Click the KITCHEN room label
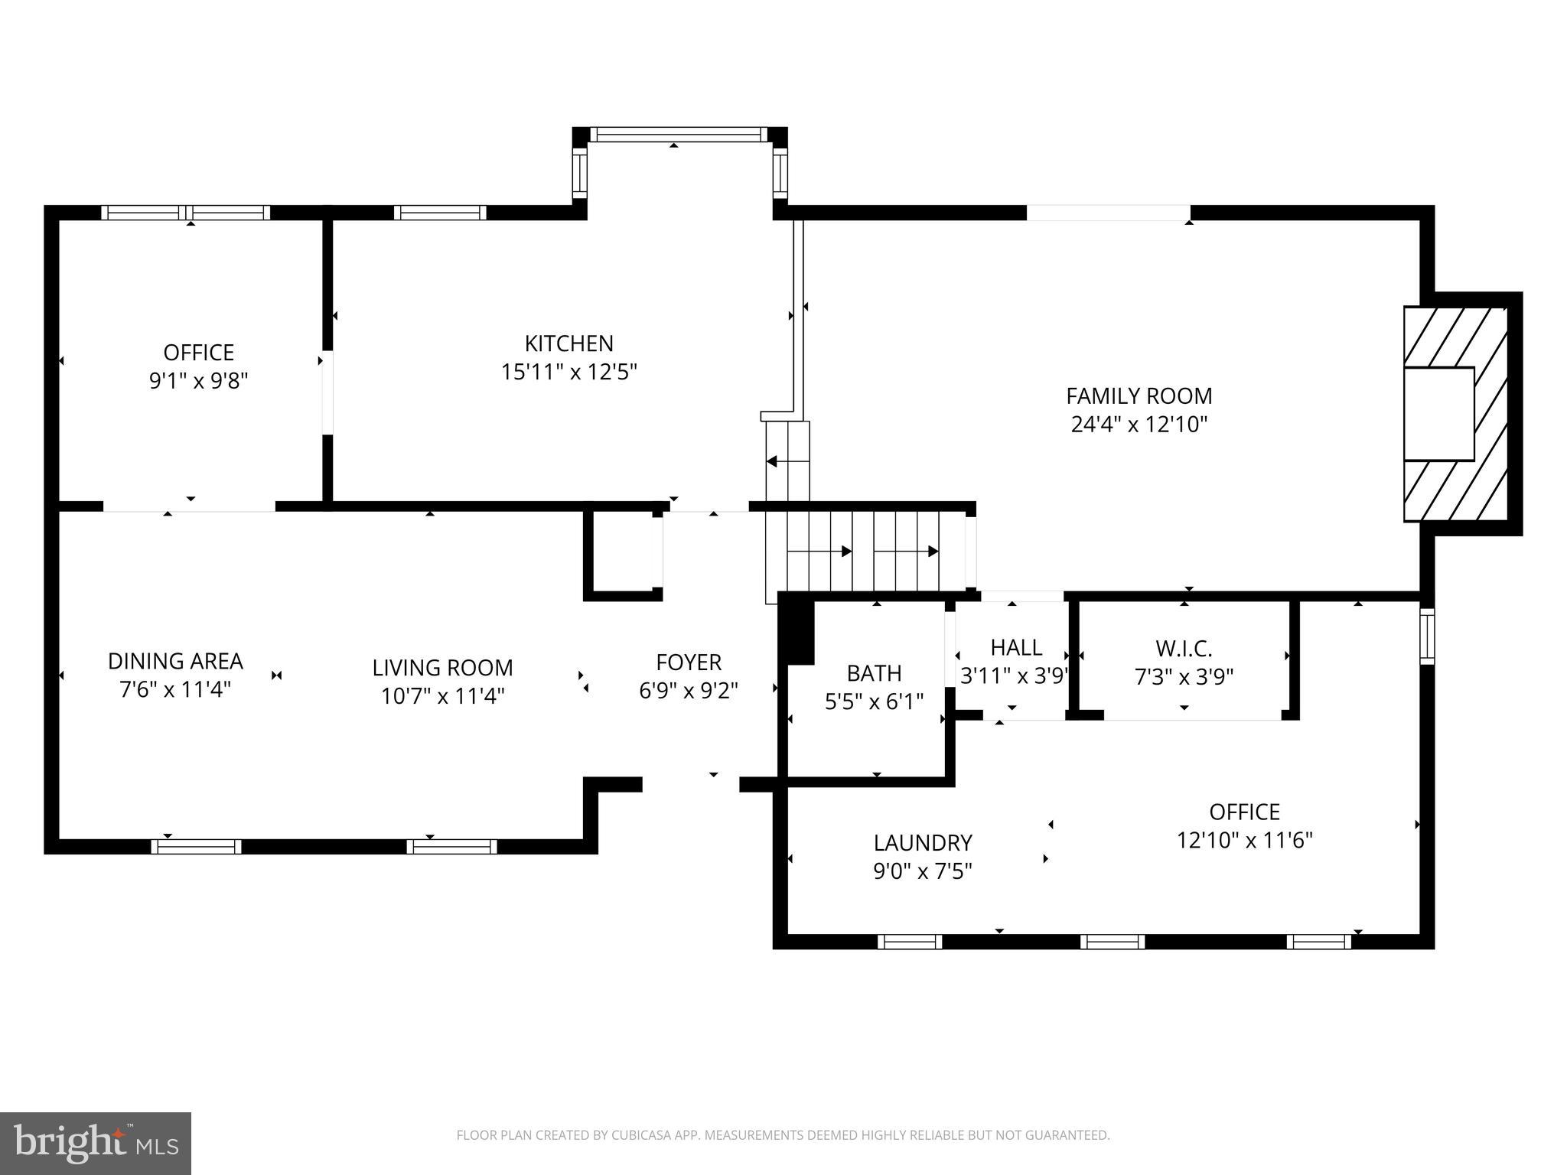click(x=568, y=343)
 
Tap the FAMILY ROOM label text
click(x=1139, y=396)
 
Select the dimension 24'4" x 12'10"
click(x=1139, y=425)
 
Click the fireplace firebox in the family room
click(x=1438, y=414)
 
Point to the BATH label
click(x=874, y=673)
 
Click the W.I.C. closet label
click(x=1184, y=649)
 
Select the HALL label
click(x=1015, y=648)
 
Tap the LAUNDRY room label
click(x=923, y=843)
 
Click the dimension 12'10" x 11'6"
click(x=1244, y=841)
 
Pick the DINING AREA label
click(x=175, y=661)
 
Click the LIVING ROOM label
click(x=442, y=668)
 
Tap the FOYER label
click(x=688, y=662)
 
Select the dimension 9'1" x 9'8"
click(x=198, y=381)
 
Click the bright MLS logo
click(x=96, y=1143)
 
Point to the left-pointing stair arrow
click(x=773, y=461)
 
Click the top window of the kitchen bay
click(x=678, y=135)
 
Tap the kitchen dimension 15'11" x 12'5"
click(x=568, y=373)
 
